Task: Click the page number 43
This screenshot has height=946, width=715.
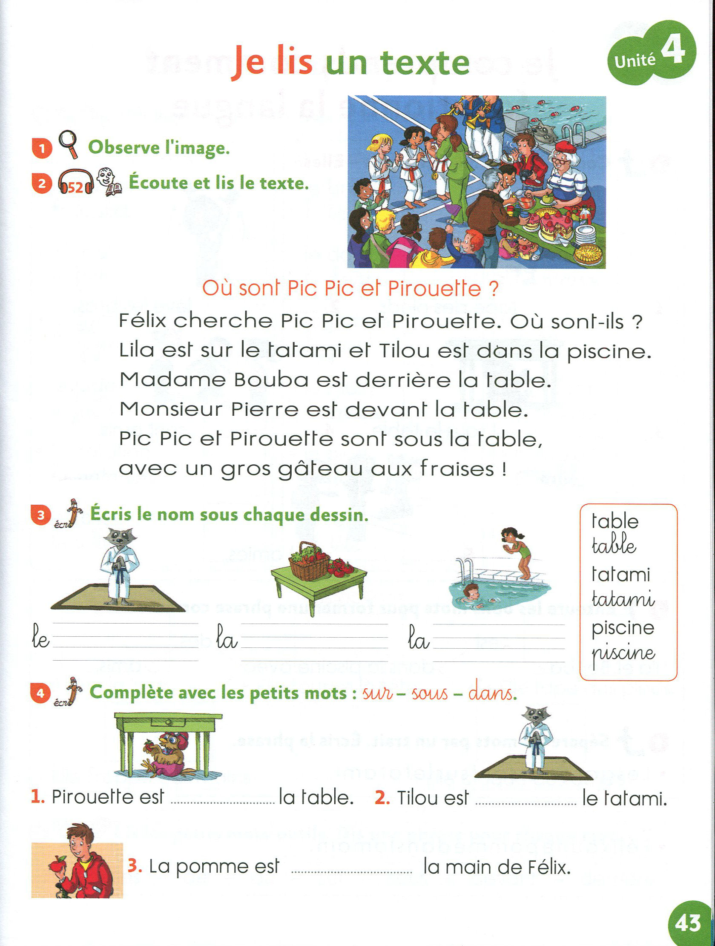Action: coord(688,923)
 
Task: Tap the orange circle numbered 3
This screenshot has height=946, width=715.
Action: coord(41,515)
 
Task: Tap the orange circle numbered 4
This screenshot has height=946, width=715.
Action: coord(41,693)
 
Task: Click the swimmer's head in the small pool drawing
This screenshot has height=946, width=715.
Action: coord(471,591)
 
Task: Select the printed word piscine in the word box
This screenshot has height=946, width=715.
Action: coord(623,628)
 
